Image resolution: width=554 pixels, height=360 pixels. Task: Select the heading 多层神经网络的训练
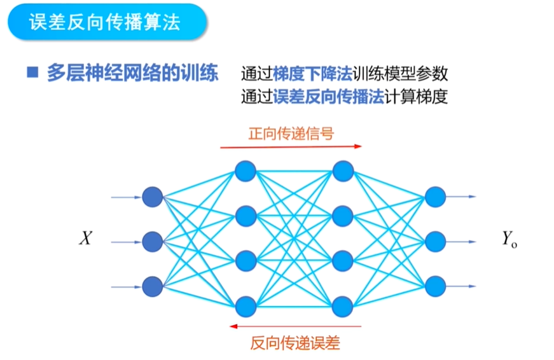[x=132, y=73]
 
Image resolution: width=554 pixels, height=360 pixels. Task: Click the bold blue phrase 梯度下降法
[x=312, y=74]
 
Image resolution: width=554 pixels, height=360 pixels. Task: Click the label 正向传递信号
[x=291, y=134]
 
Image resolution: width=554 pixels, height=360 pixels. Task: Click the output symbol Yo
[x=509, y=240]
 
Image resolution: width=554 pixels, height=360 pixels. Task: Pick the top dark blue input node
[x=153, y=197]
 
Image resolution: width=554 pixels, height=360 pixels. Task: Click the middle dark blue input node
[x=153, y=242]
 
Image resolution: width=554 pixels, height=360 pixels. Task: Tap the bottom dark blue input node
[x=153, y=286]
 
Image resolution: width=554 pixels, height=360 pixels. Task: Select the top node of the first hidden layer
[x=245, y=170]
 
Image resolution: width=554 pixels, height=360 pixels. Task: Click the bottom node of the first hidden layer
[x=245, y=307]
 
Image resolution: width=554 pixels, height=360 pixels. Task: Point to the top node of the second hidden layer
[x=343, y=170]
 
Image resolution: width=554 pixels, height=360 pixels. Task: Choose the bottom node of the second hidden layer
[x=343, y=307]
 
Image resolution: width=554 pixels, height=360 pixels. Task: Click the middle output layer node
[x=435, y=242]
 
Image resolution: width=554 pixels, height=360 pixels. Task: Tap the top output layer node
[x=435, y=197]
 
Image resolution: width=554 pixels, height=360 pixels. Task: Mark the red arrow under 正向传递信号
[x=291, y=146]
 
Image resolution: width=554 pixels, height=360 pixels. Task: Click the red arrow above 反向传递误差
[x=295, y=326]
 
